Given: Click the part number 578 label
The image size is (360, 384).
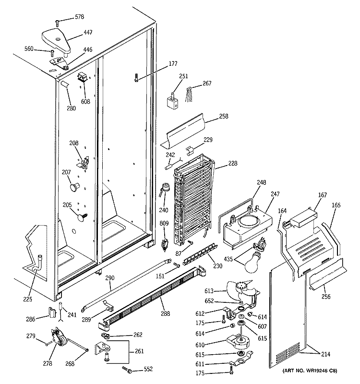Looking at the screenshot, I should point(79,18).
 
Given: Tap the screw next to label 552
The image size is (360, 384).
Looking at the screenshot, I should point(128,369).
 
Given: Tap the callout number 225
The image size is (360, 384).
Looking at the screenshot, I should point(28,300).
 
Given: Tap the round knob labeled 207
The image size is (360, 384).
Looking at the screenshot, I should point(73,184).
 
